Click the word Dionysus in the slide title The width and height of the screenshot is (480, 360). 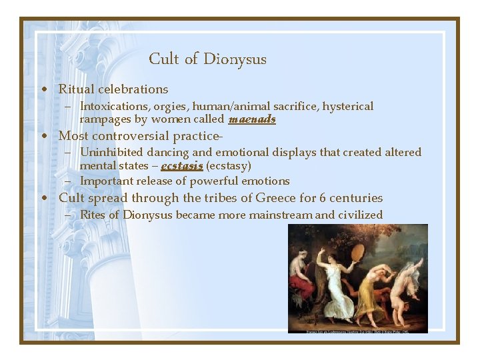tap(235, 59)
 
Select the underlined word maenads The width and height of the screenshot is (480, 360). tap(252, 120)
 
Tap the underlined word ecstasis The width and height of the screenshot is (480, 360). tap(182, 166)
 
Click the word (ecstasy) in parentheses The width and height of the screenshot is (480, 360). tap(229, 166)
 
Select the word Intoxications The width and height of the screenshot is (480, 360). tap(113, 107)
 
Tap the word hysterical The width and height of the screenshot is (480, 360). tap(348, 107)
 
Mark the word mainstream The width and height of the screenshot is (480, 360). tap(280, 215)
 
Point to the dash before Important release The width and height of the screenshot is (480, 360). tap(69, 181)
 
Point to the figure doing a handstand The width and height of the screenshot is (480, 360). tap(408, 280)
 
